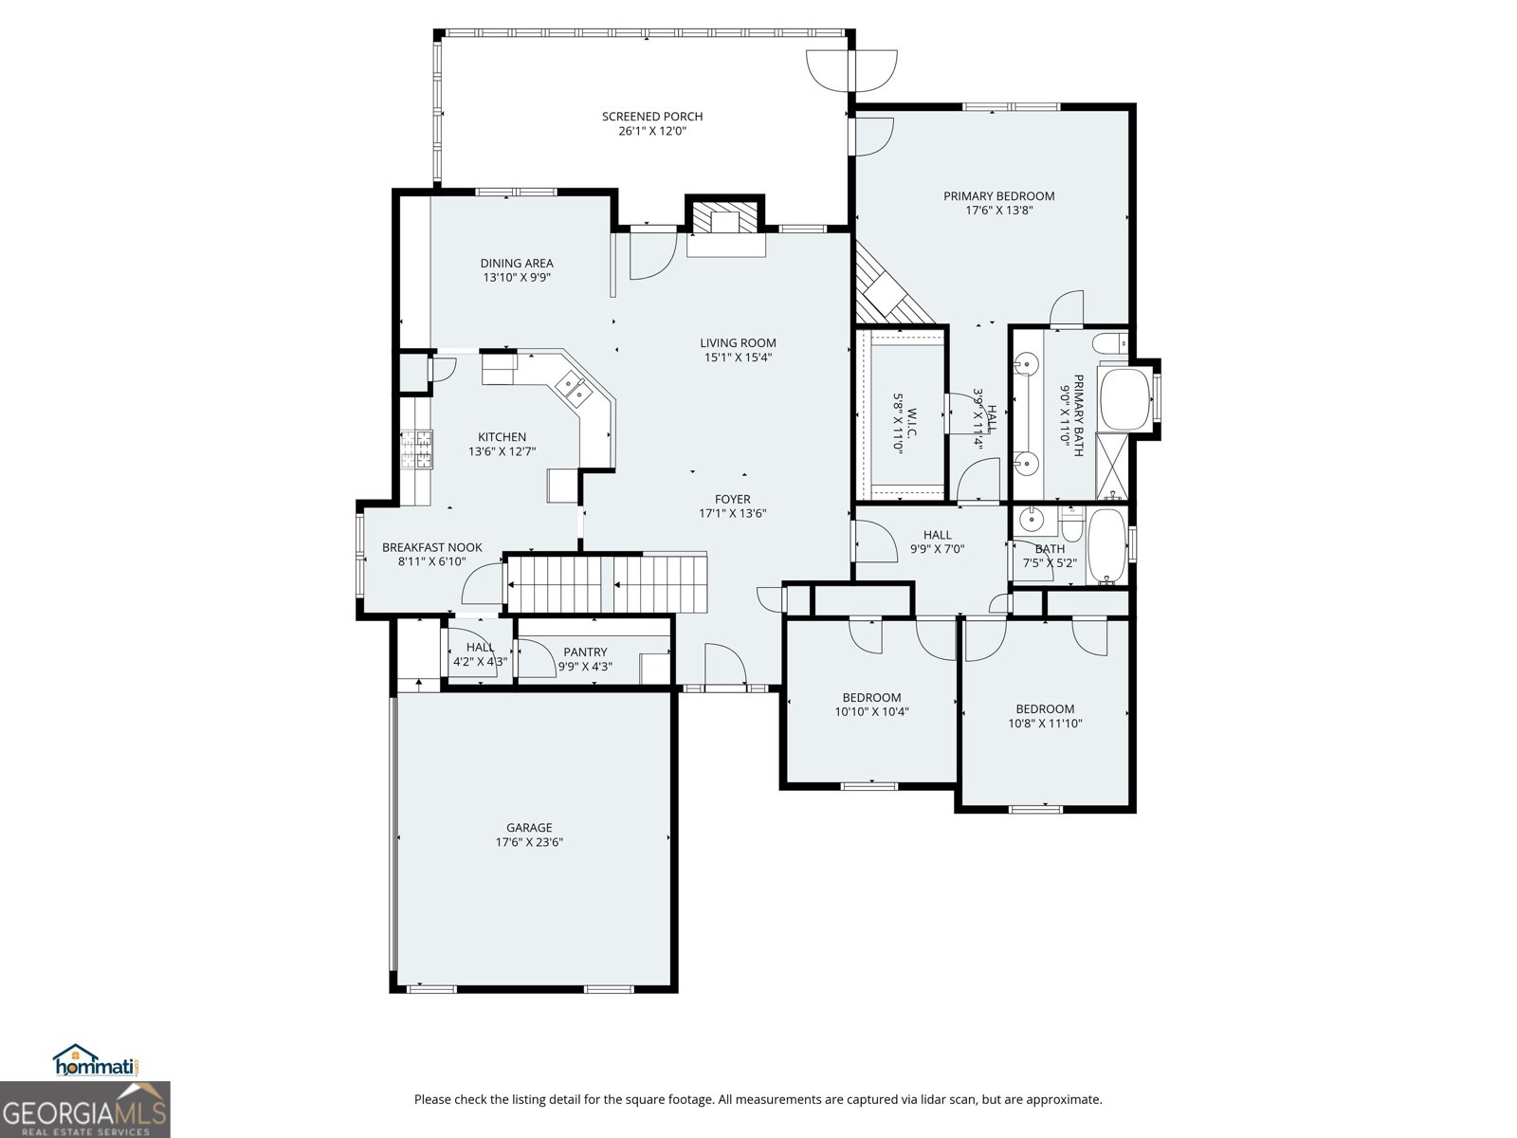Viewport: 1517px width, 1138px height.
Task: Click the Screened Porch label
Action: pos(652,117)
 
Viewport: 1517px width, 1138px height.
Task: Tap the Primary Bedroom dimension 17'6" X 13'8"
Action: pos(998,211)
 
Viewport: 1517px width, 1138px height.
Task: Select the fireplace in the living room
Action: pos(725,220)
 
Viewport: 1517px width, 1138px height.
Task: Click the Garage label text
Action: pos(528,828)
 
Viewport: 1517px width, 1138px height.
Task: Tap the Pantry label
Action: pos(585,652)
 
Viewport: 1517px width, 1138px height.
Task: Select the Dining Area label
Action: pos(517,264)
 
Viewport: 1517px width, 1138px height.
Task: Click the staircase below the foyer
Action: pos(607,584)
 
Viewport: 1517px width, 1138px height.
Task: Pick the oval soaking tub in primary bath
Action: pos(1124,398)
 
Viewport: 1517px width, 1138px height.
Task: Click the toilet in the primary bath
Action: pos(1108,343)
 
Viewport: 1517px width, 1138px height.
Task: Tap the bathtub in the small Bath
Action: pos(1106,545)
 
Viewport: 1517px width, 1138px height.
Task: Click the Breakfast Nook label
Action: pos(432,547)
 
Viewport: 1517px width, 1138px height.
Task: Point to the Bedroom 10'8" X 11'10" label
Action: pos(1045,708)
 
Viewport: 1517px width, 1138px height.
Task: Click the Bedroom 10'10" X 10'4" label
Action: pos(871,697)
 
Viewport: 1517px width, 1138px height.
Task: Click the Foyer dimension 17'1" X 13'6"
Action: pos(732,514)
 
